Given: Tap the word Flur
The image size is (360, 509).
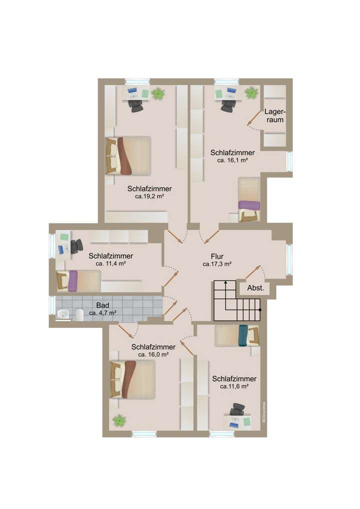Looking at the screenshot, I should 210,256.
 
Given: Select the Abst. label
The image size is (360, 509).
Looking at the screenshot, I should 255,288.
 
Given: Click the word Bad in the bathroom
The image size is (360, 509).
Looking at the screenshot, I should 102,305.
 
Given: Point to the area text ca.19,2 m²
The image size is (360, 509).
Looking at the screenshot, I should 150,197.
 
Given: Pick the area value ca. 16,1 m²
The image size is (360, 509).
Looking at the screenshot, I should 232,160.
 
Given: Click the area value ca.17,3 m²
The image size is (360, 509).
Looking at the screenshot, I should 216,264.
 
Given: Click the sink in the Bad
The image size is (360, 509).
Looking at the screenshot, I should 63,314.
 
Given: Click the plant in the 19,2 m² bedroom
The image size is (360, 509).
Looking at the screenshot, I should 158,93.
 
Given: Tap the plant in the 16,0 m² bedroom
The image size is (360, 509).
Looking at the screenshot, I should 119,420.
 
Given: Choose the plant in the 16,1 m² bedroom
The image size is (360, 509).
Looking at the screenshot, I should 251,92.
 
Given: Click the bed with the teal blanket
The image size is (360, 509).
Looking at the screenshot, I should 237,335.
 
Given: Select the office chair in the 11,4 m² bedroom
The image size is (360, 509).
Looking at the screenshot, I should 76,246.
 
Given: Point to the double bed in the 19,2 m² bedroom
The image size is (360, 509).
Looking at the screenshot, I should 128,155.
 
